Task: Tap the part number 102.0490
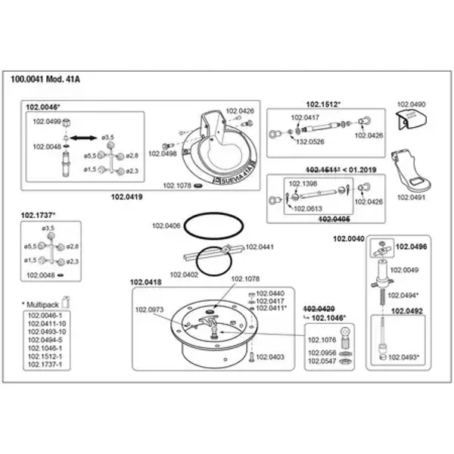pyautogui.click(x=412, y=103)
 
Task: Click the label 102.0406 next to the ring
pyautogui.click(x=166, y=225)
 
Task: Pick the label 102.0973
pyautogui.click(x=149, y=309)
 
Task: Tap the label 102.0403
pyautogui.click(x=271, y=356)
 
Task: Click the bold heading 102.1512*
pyautogui.click(x=323, y=104)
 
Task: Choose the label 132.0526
pyautogui.click(x=309, y=141)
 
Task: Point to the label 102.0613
pyautogui.click(x=307, y=209)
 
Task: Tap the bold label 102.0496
pyautogui.click(x=412, y=247)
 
